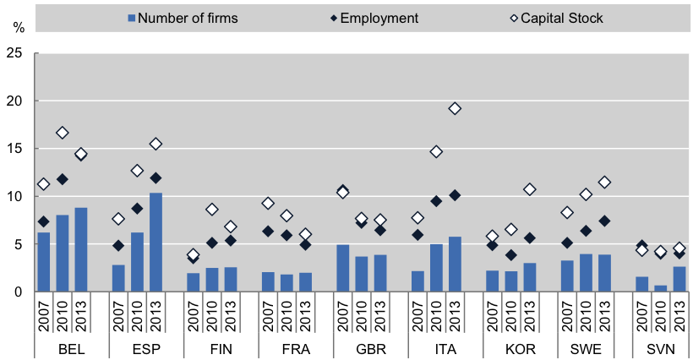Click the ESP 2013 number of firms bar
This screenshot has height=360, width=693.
click(x=156, y=243)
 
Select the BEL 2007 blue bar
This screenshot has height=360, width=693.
click(x=44, y=262)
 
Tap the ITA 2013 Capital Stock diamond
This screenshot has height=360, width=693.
click(x=456, y=108)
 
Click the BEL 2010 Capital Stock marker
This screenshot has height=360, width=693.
click(x=63, y=133)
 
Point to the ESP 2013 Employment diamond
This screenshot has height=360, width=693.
click(x=156, y=178)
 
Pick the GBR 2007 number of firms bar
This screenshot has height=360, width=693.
click(x=343, y=268)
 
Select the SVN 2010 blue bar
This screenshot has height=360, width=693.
click(x=660, y=288)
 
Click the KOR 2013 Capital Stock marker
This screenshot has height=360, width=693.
click(x=530, y=189)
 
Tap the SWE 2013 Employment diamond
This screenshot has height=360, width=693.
click(x=604, y=221)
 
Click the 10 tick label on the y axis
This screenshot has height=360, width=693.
click(x=14, y=197)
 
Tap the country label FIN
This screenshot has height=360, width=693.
click(x=212, y=348)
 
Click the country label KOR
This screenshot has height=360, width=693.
click(x=511, y=348)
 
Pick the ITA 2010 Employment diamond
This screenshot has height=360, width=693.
click(x=437, y=201)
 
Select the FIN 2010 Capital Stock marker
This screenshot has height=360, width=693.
click(x=212, y=210)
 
